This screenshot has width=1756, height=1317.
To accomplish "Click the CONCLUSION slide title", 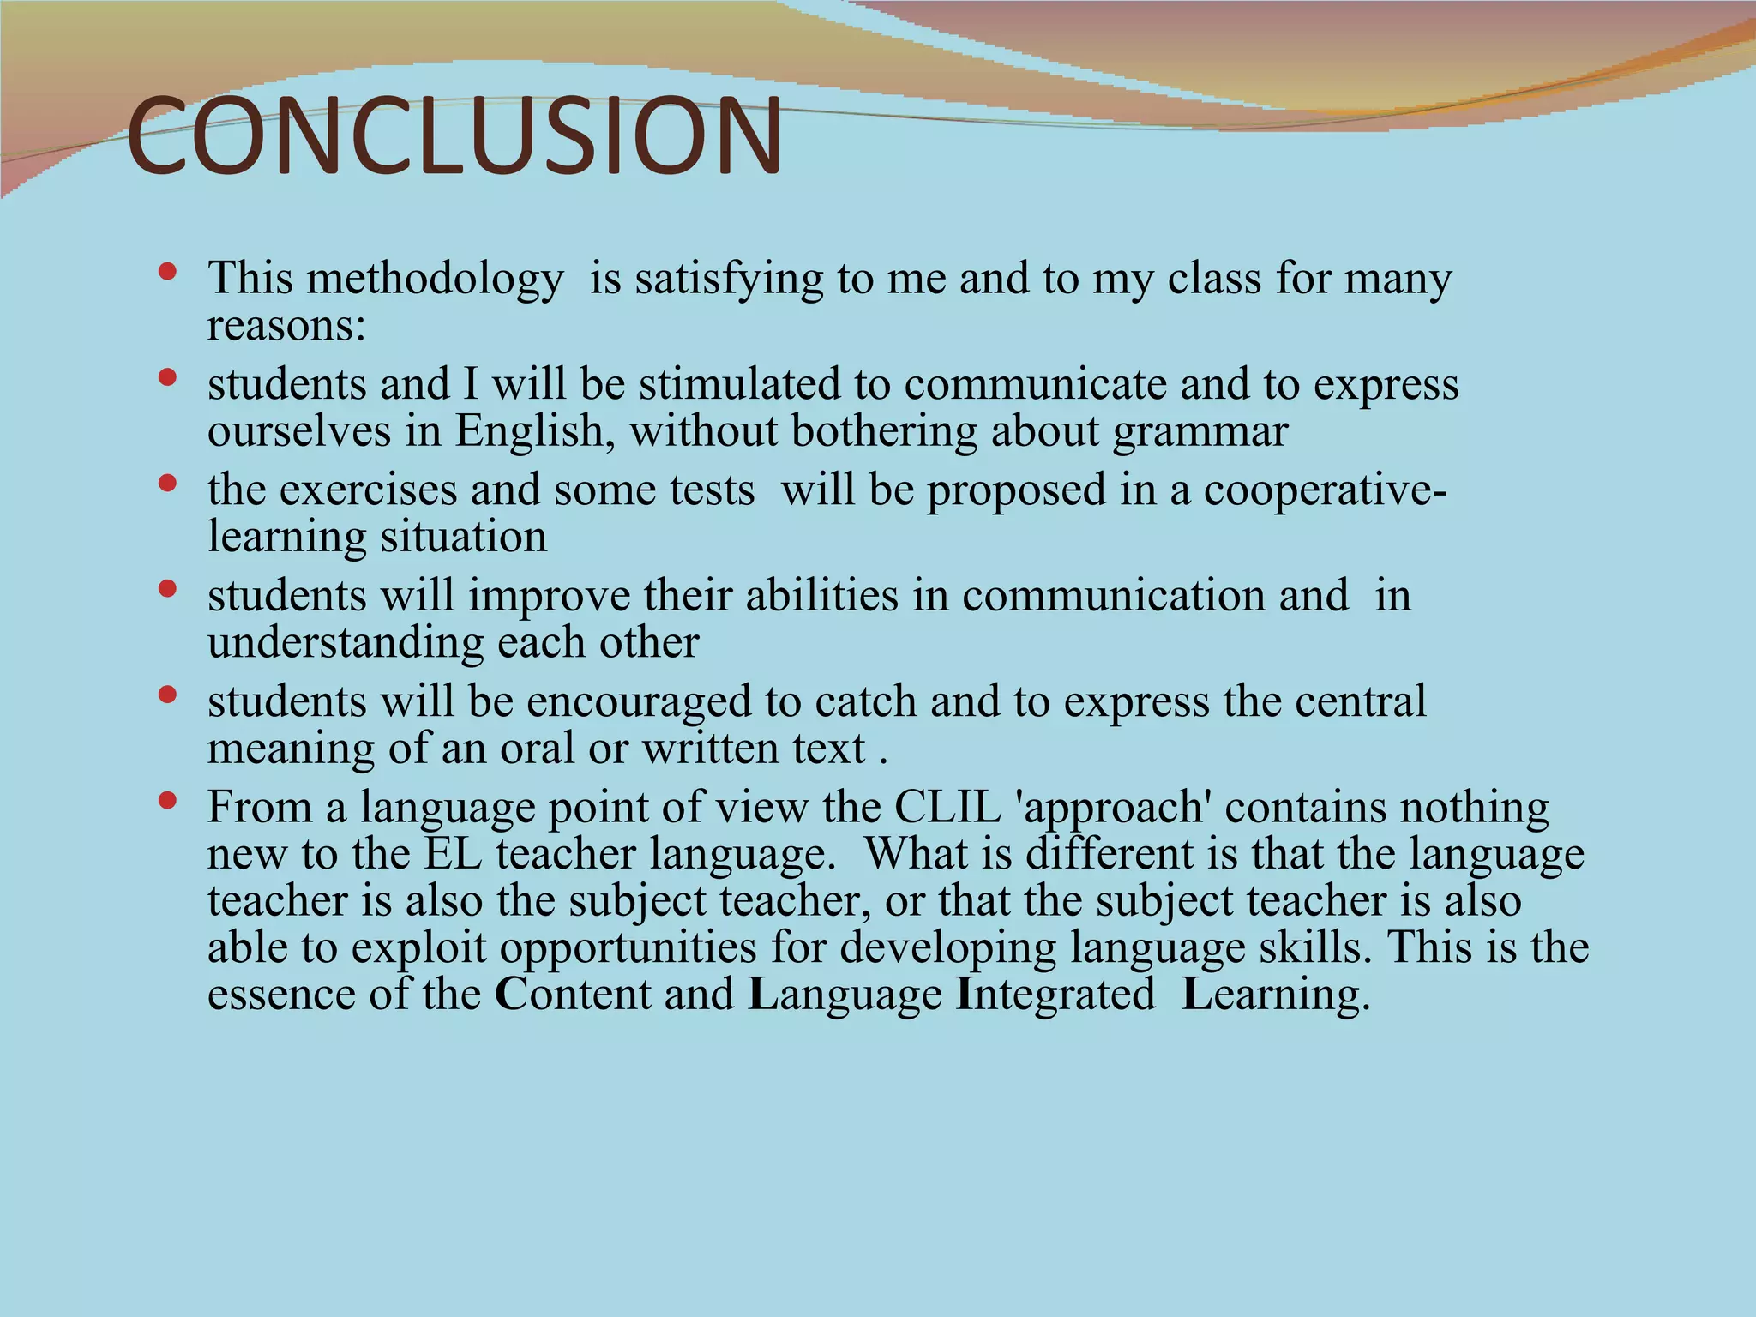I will click(454, 137).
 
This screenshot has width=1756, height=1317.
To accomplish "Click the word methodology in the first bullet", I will click(435, 280).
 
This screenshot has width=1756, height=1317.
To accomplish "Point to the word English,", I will click(535, 431).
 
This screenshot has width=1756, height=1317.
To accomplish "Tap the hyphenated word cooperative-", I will click(1326, 490).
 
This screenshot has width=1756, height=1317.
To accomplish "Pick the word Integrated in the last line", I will click(1055, 995).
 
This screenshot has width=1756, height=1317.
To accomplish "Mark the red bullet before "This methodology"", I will click(168, 273).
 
